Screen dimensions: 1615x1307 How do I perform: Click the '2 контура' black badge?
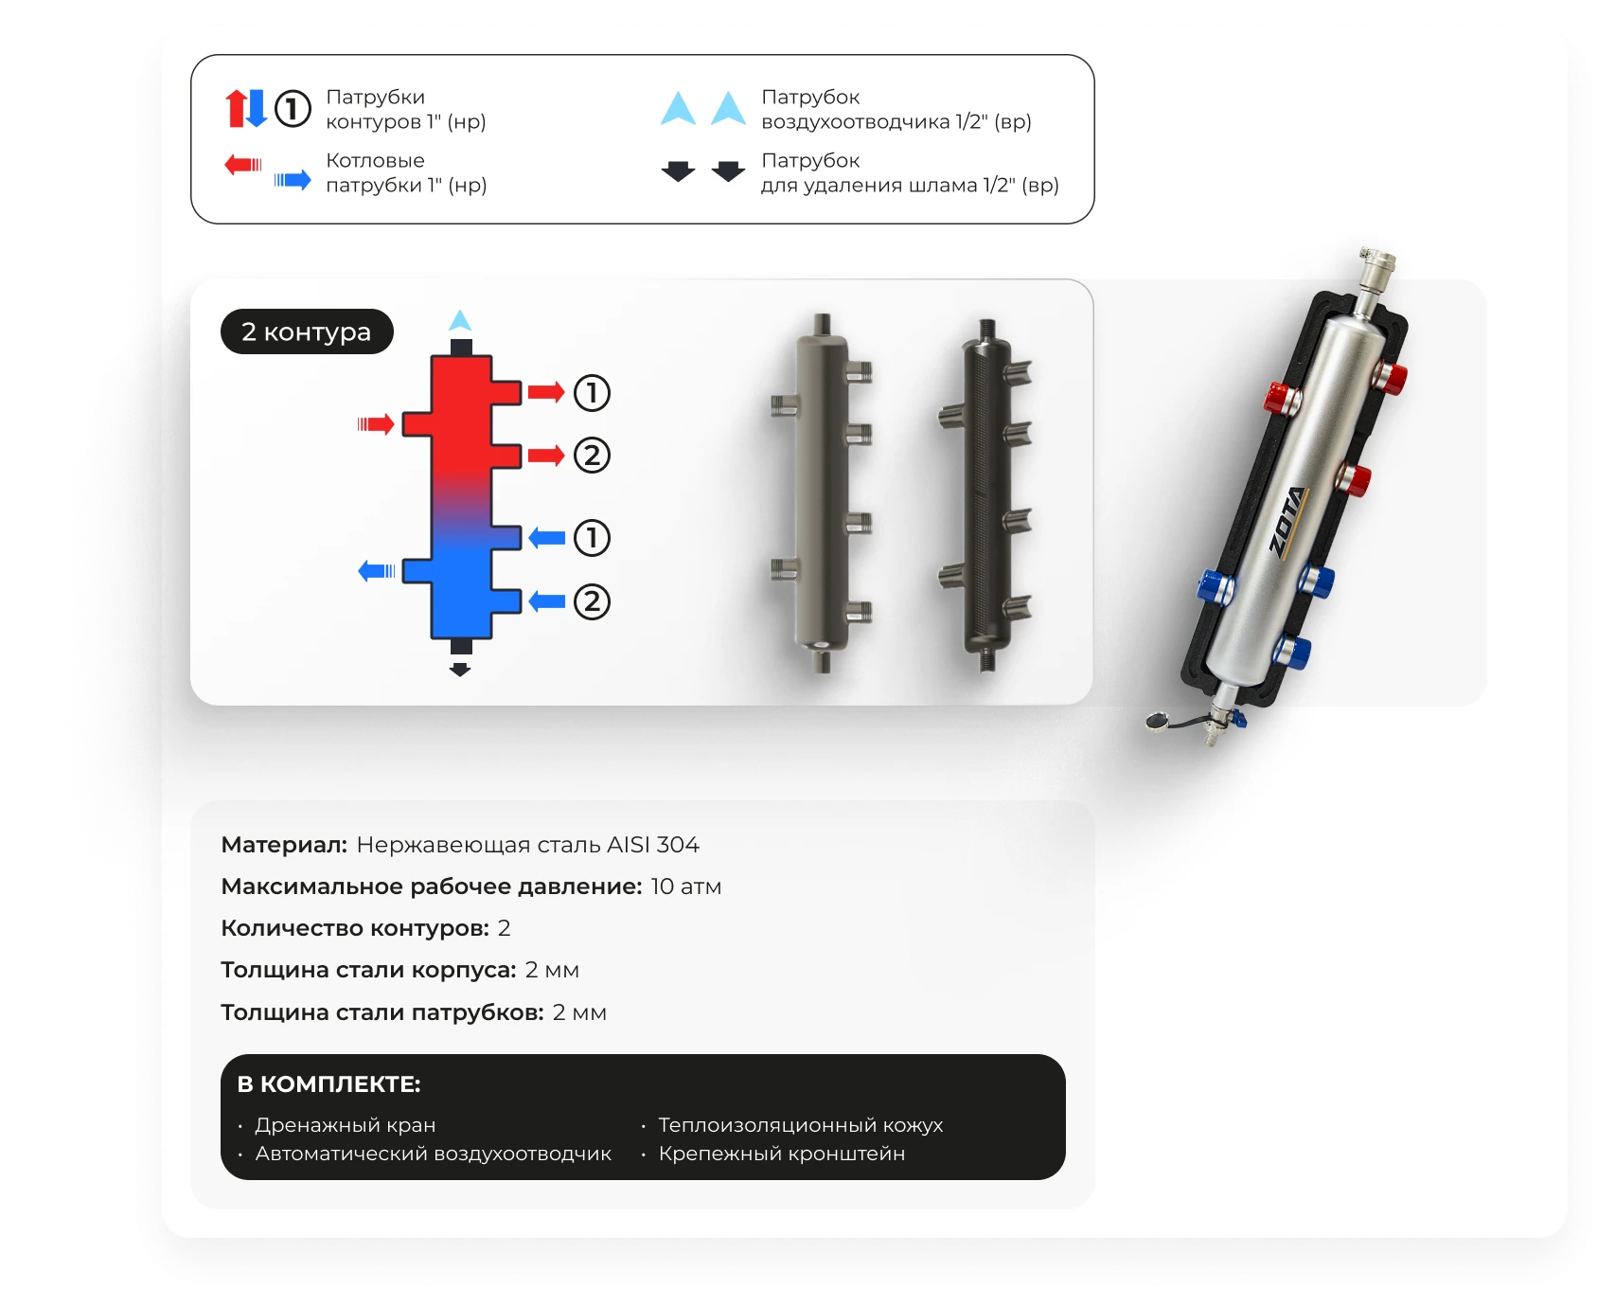coord(307,331)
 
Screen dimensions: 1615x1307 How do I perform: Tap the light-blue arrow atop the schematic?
coord(460,320)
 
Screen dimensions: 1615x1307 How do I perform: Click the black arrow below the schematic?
coord(460,670)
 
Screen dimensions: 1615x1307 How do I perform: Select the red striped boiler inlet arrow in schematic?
coord(376,423)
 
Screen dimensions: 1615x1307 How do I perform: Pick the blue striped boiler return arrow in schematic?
coord(377,570)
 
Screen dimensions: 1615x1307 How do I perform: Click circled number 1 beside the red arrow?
coord(592,392)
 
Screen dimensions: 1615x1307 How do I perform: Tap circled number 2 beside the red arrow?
coord(592,456)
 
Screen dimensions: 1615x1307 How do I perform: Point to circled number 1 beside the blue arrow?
coord(592,538)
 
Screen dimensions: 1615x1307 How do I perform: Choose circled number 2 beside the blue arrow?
coord(592,601)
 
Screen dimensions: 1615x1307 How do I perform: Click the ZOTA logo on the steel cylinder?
coord(1288,522)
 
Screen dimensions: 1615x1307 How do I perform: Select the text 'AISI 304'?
coord(653,844)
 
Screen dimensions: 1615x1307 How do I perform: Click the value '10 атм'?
coord(686,886)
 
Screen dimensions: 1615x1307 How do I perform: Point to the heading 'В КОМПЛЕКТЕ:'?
coord(328,1084)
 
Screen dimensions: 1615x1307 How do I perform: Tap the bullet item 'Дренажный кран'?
coord(346,1125)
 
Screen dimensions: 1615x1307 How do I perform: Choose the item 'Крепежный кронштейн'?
coord(782,1154)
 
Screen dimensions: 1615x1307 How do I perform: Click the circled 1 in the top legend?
coord(293,108)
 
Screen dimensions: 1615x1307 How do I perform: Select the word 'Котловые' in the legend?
coord(375,160)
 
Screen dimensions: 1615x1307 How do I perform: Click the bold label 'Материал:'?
coord(284,845)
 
